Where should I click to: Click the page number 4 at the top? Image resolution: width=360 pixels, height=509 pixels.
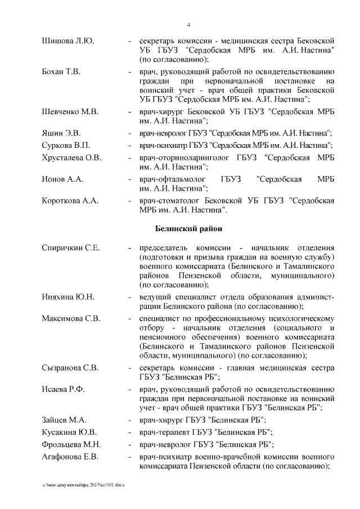(x=188, y=25)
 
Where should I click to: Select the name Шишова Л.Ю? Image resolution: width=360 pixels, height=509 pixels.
(x=67, y=42)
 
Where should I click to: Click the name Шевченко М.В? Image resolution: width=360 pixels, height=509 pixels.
(x=70, y=112)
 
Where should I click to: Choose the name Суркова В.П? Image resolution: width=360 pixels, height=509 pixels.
(x=65, y=146)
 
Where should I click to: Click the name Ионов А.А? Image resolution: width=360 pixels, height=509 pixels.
(x=62, y=179)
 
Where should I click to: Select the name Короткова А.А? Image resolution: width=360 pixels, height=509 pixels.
(x=70, y=201)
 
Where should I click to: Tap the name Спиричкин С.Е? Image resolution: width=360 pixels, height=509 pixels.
(x=71, y=249)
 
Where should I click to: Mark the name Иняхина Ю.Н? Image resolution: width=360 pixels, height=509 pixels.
(x=67, y=297)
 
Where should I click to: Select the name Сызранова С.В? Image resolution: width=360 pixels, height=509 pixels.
(x=70, y=368)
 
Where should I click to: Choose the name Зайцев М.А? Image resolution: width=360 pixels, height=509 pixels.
(x=64, y=420)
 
